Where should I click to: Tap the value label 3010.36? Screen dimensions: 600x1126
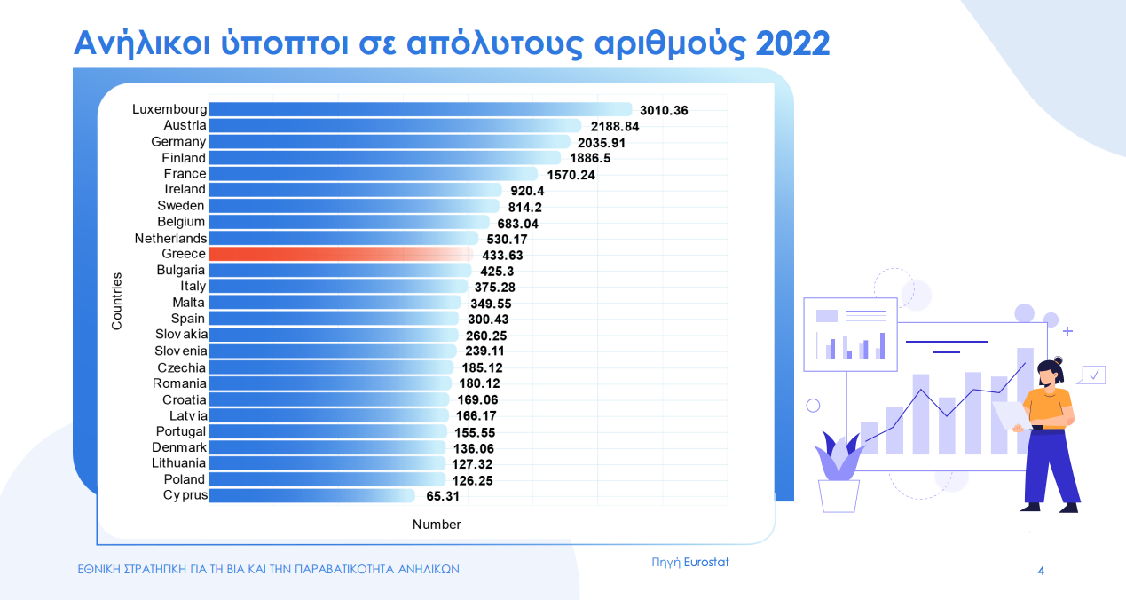pos(664,111)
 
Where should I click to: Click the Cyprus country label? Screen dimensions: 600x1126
pos(185,495)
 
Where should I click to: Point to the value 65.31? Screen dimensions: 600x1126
pos(441,496)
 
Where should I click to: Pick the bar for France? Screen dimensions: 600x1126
pos(373,174)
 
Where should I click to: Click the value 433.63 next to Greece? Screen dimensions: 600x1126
pos(508,255)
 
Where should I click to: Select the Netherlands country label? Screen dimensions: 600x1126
pos(170,238)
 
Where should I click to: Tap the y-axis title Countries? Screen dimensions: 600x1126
pos(117,301)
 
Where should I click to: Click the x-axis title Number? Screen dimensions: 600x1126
pos(437,525)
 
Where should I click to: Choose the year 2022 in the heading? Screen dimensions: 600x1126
pos(781,43)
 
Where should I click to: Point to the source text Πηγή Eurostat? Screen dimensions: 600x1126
pos(689,562)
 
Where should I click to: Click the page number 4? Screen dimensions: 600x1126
pos(1041,571)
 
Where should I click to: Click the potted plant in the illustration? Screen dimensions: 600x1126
pos(839,475)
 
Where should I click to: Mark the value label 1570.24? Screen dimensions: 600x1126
pos(570,175)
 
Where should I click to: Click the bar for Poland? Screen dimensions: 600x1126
pos(328,479)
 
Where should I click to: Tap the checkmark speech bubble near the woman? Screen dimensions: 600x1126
pos(1093,375)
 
